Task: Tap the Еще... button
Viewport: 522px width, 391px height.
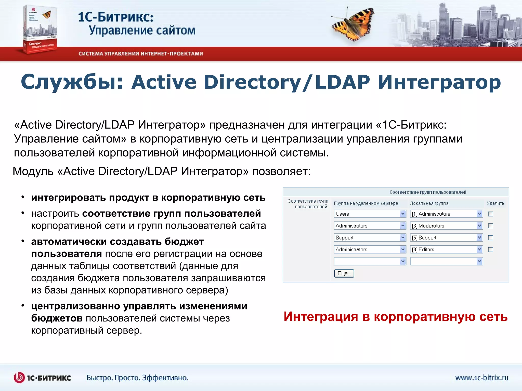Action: [x=344, y=273]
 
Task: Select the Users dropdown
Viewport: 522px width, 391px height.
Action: [x=370, y=214]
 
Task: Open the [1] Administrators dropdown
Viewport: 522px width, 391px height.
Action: [x=446, y=214]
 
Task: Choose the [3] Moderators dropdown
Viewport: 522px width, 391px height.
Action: [x=446, y=226]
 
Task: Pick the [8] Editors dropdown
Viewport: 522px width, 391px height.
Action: [x=446, y=249]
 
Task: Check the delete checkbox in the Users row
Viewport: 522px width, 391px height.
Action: [x=490, y=214]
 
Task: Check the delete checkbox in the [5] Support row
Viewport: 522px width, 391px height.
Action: [x=490, y=238]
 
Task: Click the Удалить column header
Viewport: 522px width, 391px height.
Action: [x=495, y=203]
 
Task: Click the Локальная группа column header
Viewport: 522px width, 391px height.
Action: [x=429, y=203]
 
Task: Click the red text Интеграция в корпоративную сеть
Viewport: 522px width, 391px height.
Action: [x=396, y=317]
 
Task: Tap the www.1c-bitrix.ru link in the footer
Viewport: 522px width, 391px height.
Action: [x=481, y=378]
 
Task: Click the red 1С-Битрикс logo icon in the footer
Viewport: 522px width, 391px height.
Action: [x=19, y=378]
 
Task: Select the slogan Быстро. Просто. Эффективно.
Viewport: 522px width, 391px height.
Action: [x=137, y=378]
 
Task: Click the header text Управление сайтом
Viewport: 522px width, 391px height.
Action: [x=142, y=30]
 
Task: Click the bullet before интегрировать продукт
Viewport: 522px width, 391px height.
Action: [x=23, y=197]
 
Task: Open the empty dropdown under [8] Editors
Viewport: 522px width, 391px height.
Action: [x=446, y=261]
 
